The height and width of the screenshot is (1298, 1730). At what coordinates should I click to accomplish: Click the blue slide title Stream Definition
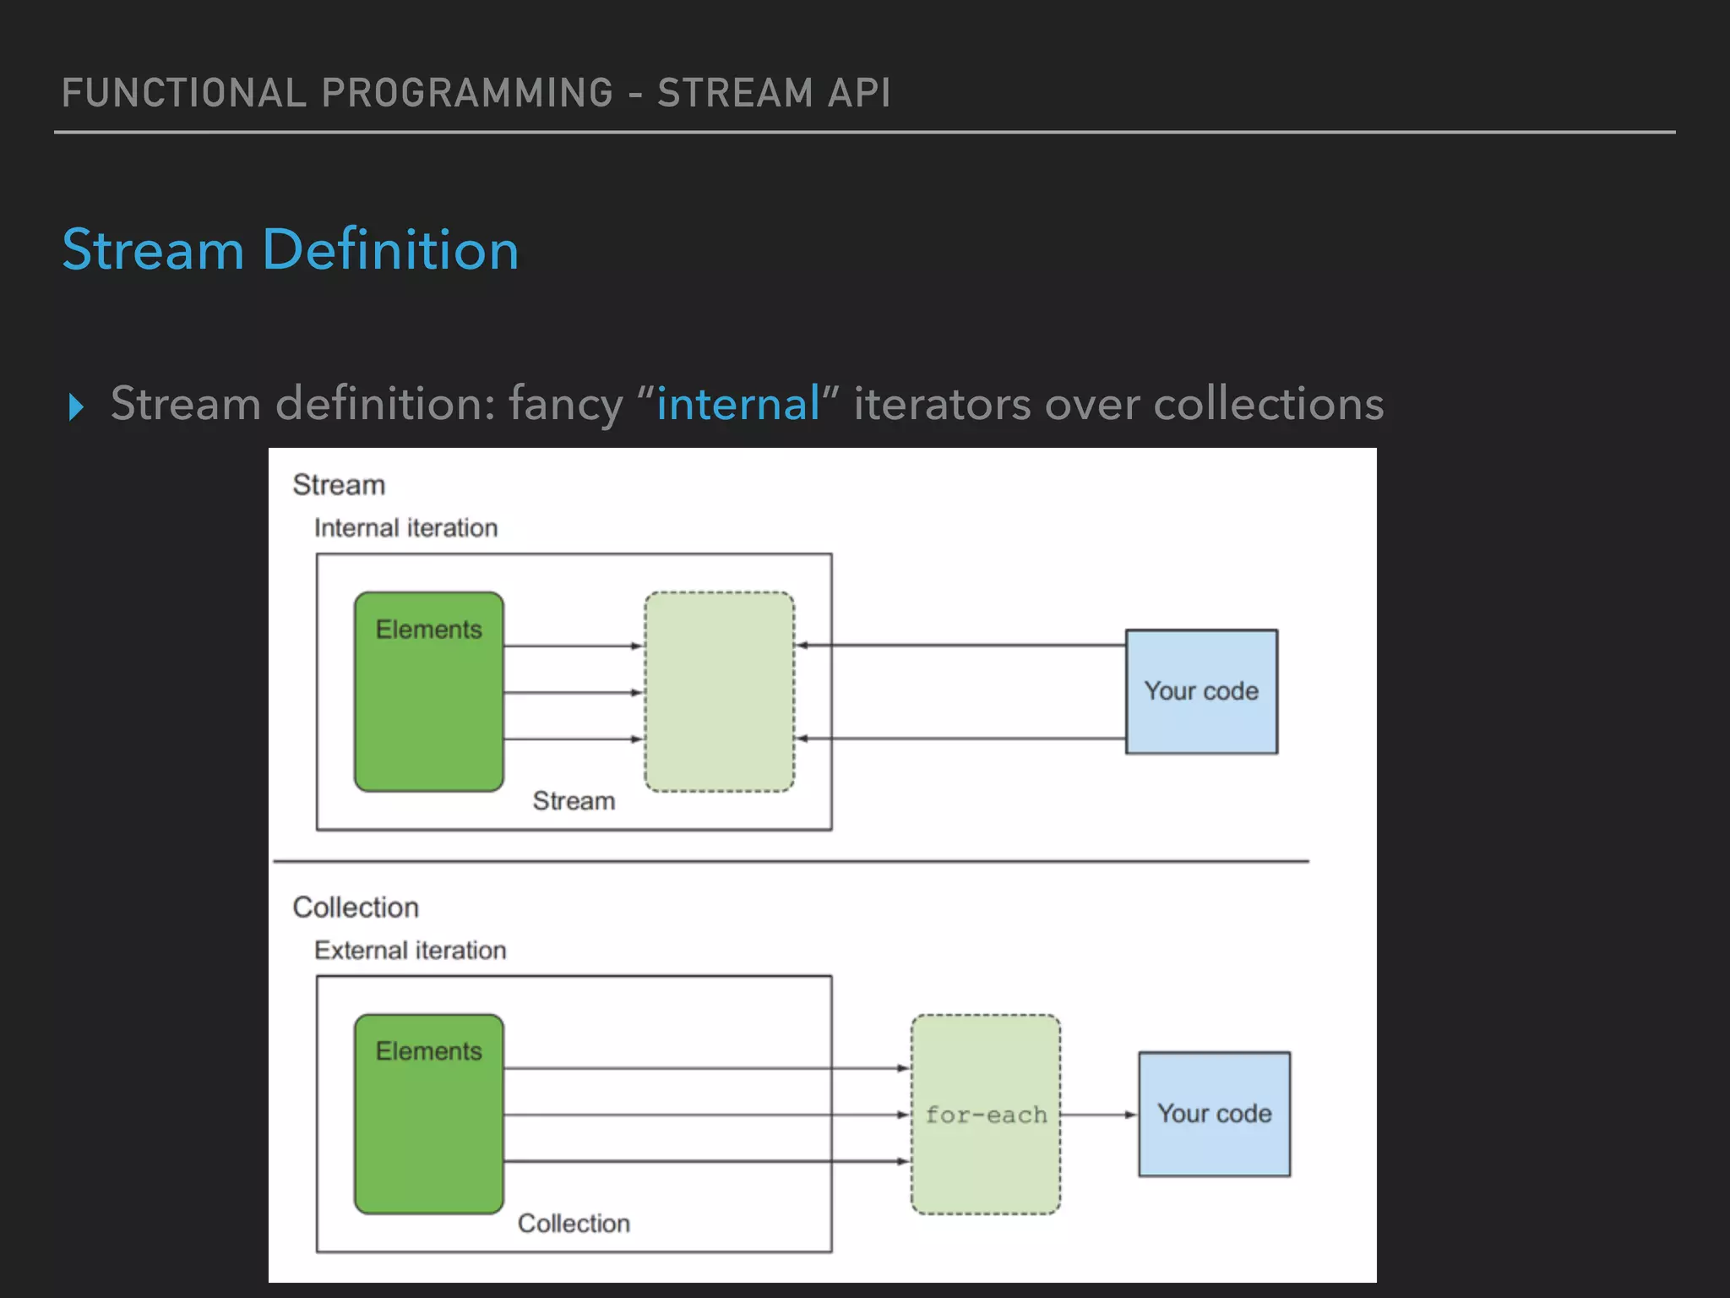(x=290, y=250)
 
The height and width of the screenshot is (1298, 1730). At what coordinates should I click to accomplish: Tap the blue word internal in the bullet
(x=737, y=403)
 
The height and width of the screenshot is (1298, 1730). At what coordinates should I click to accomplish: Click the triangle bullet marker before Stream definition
(x=76, y=406)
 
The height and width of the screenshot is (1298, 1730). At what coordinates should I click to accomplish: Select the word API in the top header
(x=858, y=93)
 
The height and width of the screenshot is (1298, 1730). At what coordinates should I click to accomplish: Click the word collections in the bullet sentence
(x=1268, y=403)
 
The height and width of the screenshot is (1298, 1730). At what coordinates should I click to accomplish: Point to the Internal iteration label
(x=405, y=528)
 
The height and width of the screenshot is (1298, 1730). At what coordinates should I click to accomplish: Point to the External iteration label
(x=410, y=951)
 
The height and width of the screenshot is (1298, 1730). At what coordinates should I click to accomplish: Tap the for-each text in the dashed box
(x=986, y=1115)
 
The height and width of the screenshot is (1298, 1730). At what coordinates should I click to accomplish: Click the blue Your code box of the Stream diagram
(x=1201, y=691)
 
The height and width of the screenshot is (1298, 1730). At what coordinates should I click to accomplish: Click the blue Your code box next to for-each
(x=1214, y=1114)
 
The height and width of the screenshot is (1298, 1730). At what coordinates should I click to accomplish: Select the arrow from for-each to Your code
(x=1098, y=1115)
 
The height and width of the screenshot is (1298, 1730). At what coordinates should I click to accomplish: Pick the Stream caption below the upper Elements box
(x=574, y=801)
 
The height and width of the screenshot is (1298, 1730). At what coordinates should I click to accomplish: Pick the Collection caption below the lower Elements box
(x=574, y=1224)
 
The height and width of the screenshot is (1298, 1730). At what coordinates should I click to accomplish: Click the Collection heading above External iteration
(x=356, y=908)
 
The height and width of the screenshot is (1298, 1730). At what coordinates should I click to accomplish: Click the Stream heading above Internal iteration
(x=339, y=485)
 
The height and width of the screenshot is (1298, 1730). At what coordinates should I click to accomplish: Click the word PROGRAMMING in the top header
(x=467, y=93)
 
